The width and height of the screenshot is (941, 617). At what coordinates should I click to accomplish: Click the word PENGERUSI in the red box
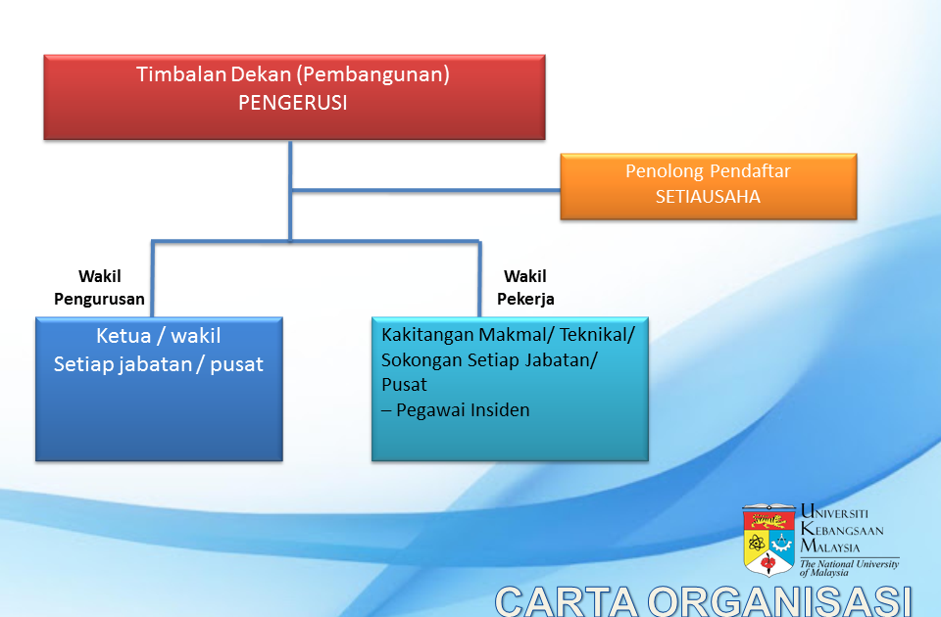point(293,103)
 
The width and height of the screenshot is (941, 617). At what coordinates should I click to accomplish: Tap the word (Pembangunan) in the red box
point(372,75)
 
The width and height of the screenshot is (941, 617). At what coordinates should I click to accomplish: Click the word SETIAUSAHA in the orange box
point(708,197)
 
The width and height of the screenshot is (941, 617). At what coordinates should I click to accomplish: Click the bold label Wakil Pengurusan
point(100,287)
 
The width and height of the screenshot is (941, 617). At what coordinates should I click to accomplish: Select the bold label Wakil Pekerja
point(525,287)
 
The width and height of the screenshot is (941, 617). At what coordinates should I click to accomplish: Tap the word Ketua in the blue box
point(124,335)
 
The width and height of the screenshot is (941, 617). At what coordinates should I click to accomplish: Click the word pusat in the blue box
point(236,364)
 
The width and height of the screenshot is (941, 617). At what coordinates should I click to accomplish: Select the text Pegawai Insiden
point(463,410)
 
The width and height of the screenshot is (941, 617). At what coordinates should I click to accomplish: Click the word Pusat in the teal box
point(404,384)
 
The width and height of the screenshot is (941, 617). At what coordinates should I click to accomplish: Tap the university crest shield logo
point(768,540)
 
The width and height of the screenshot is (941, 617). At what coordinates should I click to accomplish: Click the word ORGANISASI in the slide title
point(779,600)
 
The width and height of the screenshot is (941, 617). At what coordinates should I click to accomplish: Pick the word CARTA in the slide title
point(566,600)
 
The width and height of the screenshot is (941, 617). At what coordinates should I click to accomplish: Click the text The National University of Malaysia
point(849,568)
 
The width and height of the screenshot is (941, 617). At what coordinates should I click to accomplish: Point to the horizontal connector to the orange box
point(425,191)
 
